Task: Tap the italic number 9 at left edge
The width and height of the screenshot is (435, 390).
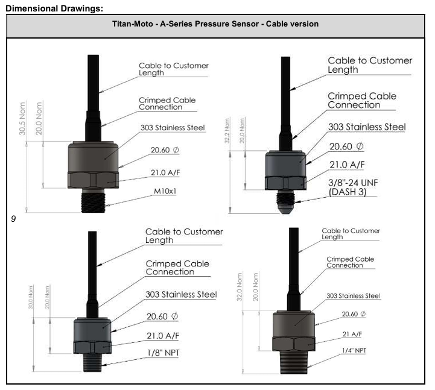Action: [13, 220]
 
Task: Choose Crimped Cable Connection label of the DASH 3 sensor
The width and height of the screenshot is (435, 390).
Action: [362, 100]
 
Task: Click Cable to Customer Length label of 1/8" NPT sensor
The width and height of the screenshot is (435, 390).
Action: [184, 236]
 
